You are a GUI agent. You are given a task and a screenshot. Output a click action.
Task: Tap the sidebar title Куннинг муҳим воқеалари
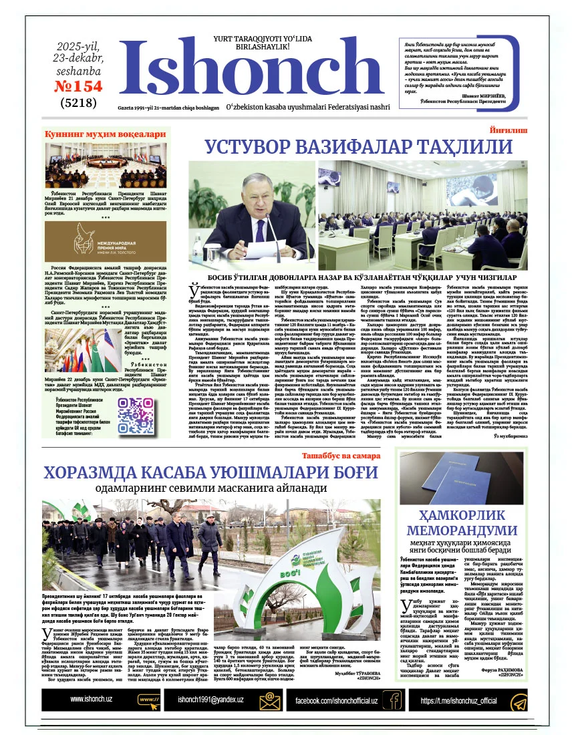105,134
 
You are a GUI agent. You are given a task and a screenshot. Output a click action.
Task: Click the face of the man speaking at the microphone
257,193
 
